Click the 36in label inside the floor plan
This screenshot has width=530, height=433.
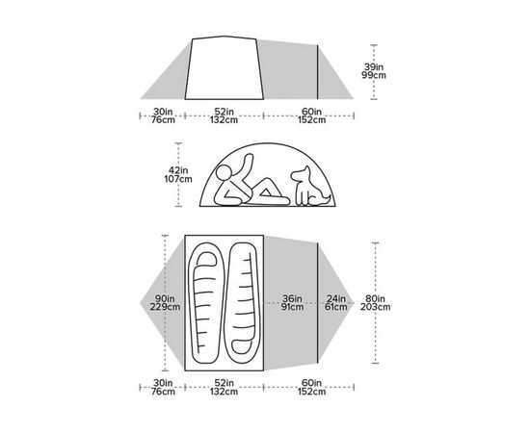pyautogui.click(x=294, y=297)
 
